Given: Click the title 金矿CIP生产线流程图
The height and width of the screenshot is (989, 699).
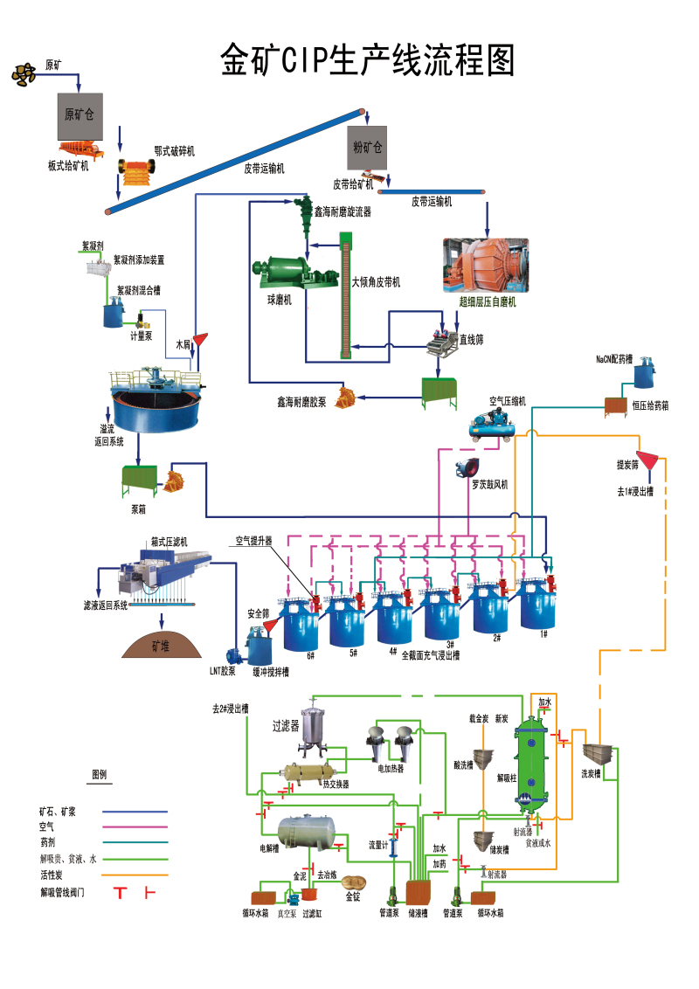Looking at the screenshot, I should click(367, 61).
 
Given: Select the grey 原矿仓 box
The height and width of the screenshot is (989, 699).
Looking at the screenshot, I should click(82, 115).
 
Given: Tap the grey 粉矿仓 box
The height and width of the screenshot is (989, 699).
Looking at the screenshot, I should click(367, 145).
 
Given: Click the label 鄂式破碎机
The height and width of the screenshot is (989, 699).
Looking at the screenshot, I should click(174, 151).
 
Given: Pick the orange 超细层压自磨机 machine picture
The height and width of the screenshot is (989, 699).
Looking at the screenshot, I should click(488, 265).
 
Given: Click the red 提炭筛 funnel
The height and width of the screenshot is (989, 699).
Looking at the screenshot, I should click(647, 458).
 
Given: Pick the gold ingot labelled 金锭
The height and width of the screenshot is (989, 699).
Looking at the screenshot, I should click(353, 883).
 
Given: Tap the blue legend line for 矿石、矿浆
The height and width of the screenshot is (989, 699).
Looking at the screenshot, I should click(135, 812).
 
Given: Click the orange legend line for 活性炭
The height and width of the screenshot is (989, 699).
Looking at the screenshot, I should click(135, 875).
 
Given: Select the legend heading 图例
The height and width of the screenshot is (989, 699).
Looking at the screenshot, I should click(99, 775).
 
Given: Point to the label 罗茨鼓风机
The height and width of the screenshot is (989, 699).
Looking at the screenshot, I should click(489, 484).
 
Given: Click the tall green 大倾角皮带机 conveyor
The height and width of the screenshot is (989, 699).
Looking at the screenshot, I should click(346, 297).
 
